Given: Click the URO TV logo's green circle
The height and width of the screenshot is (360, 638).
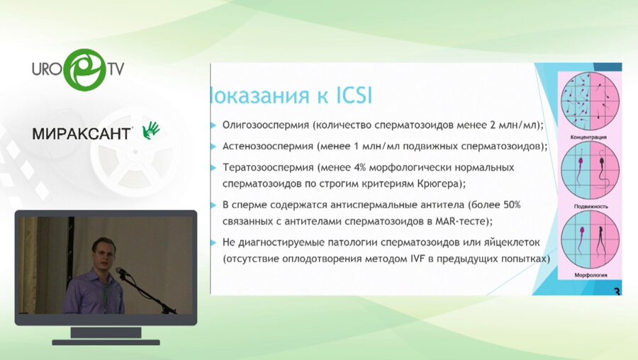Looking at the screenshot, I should click(84, 69).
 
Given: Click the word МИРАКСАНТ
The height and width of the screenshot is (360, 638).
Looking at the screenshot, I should click(82, 133).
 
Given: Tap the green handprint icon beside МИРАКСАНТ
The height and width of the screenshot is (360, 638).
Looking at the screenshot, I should click(151, 130).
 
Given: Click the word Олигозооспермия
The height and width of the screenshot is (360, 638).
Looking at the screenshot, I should click(263, 125).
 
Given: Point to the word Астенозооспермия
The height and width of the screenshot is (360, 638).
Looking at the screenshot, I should click(265, 146).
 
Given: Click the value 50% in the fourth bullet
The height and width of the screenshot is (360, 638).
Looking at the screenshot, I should click(509, 205).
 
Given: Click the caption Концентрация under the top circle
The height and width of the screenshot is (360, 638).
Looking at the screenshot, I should click(591, 134).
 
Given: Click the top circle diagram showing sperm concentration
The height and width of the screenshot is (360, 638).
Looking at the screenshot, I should click(591, 99).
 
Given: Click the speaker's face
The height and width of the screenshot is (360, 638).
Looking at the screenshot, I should click(103, 253).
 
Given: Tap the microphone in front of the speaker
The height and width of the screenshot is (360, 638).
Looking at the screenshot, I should click(121, 271).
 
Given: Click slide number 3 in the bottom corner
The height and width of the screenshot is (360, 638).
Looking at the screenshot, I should click(616, 291).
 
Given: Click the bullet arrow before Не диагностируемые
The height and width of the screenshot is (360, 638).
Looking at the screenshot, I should click(213, 242).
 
